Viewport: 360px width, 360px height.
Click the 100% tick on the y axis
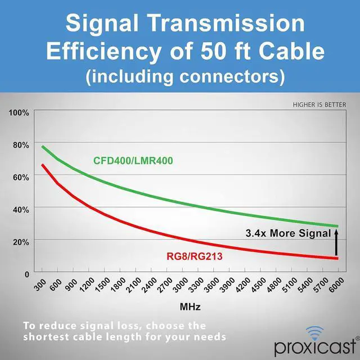19,112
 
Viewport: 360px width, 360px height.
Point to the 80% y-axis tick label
21,145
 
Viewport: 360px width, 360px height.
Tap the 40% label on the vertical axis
21,209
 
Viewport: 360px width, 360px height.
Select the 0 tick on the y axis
26,274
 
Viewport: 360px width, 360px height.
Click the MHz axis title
190,308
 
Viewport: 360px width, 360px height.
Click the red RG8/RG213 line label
195,257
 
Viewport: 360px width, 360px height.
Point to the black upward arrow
336,244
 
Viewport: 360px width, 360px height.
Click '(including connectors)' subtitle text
185,76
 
